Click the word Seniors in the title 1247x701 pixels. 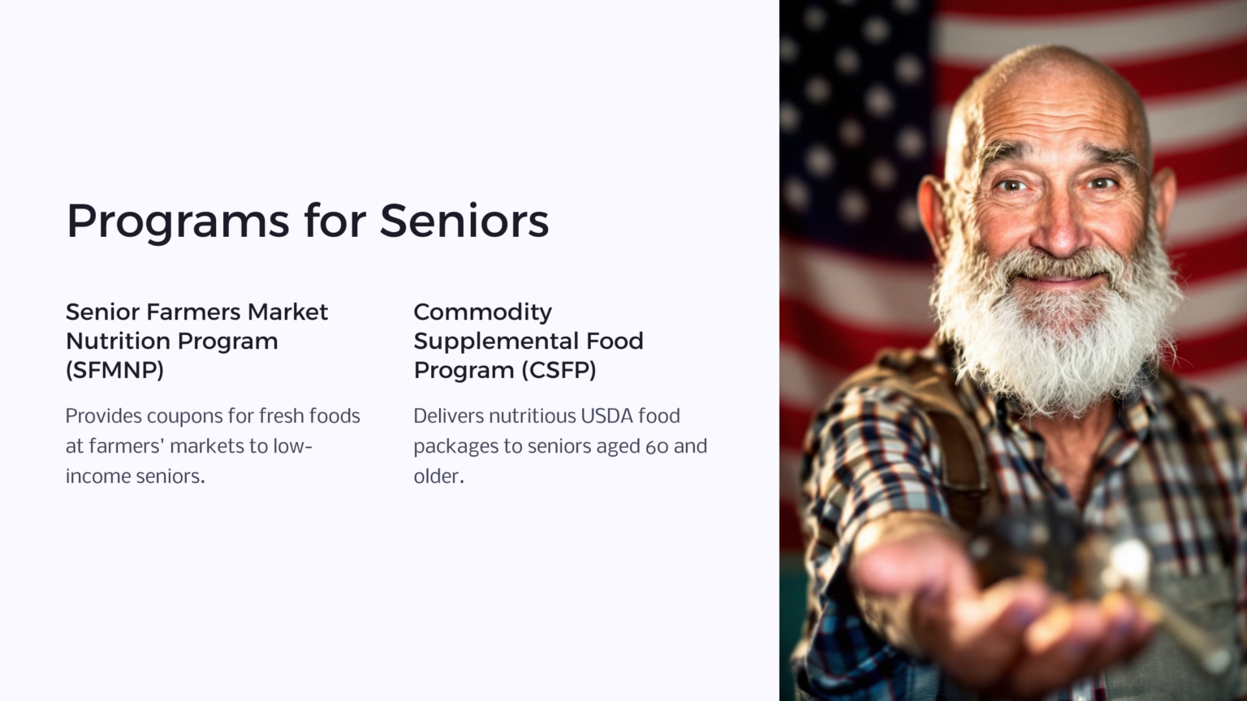(464, 221)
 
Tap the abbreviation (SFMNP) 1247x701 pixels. (114, 370)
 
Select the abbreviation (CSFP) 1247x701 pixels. (559, 370)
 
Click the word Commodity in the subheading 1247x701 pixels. (482, 312)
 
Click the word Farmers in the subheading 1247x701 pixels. (193, 312)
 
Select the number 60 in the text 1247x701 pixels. (656, 446)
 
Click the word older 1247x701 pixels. (437, 476)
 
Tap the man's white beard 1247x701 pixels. (1055, 341)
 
